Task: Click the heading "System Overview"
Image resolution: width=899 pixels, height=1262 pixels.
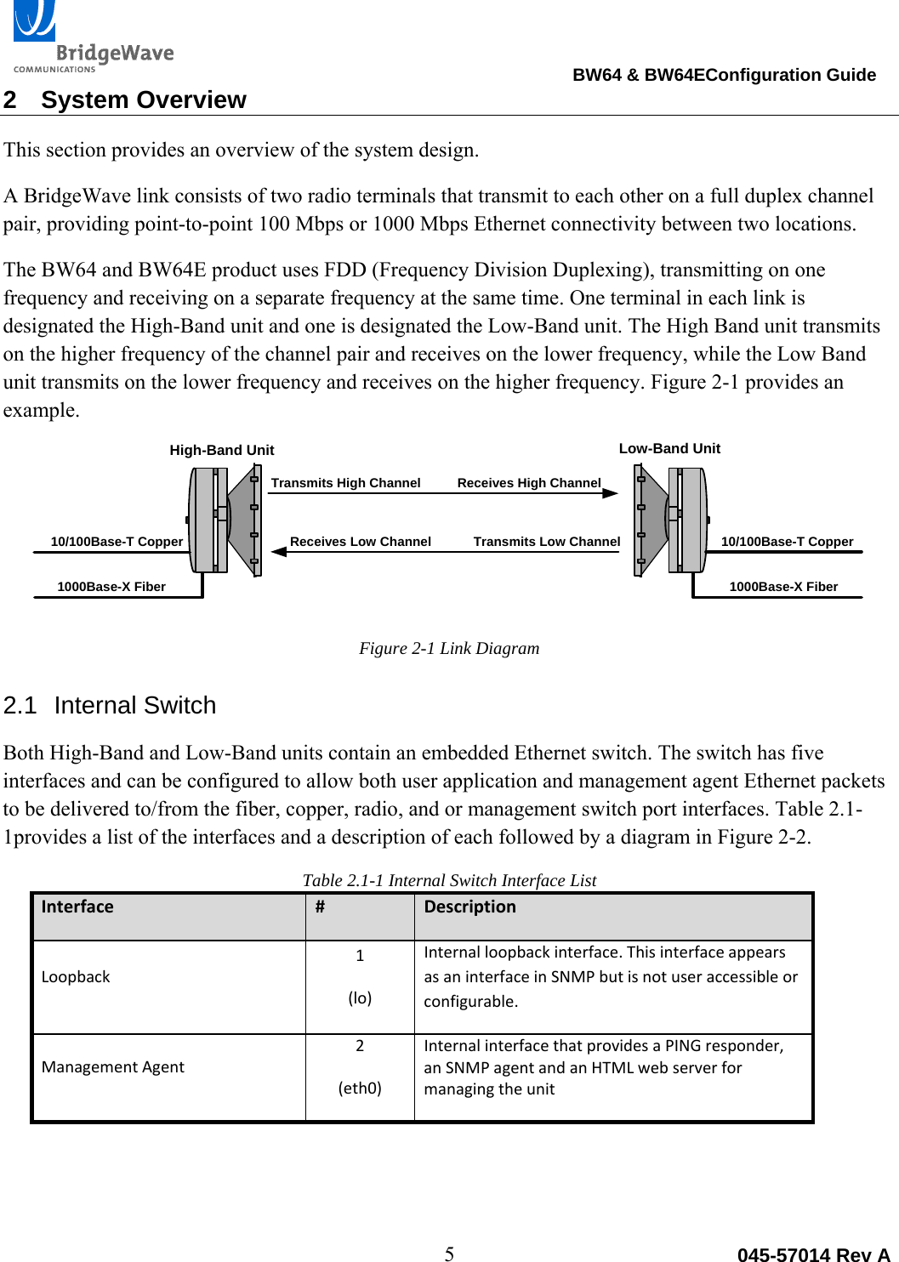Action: pos(143,100)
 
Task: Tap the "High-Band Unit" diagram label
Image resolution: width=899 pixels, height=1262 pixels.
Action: pos(221,450)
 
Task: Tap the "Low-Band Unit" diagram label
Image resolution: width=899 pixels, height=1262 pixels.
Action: pos(669,448)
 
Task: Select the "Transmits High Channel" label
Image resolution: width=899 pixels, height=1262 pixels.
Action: pos(345,483)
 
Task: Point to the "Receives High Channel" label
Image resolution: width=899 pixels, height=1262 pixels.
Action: pos(528,483)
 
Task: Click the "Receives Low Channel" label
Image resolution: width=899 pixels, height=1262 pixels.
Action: pos(360,542)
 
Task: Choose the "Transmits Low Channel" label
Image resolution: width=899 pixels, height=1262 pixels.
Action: pos(546,542)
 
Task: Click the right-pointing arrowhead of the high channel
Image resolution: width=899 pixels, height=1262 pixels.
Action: pos(610,493)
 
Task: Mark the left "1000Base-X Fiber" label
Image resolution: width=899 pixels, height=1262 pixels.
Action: pos(111,587)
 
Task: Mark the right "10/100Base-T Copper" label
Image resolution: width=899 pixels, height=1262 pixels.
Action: pos(787,542)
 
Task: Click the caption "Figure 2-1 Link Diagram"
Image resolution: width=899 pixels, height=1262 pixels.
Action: pos(449,648)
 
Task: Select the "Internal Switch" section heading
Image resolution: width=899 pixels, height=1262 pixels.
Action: pos(134,706)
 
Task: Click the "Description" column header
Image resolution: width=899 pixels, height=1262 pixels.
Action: pos(469,907)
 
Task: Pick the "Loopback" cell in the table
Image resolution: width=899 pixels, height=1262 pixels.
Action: pos(76,977)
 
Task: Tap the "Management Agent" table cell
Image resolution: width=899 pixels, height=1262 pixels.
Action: pos(112,1067)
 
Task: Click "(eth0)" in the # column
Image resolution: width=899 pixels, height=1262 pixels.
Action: pos(360,1088)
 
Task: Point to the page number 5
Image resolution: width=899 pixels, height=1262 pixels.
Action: pos(449,1253)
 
